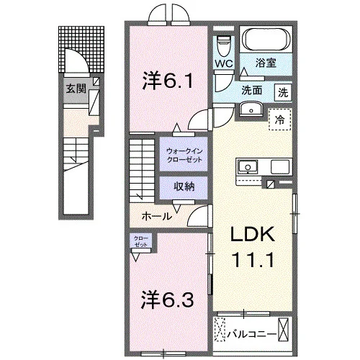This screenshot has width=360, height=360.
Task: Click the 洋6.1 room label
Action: tap(168, 81)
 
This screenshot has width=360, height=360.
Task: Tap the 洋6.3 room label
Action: tap(167, 300)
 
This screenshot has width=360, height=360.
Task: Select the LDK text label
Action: tap(253, 235)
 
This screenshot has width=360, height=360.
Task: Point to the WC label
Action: tap(224, 63)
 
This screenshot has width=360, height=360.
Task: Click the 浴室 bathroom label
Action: tap(266, 63)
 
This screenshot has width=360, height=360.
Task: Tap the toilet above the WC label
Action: tap(223, 47)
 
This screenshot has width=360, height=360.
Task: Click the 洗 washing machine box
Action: tap(283, 92)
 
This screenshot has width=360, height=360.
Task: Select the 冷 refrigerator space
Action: tap(280, 120)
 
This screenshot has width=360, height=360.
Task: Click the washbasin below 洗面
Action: tap(251, 109)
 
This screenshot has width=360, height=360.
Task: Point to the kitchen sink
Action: tap(248, 167)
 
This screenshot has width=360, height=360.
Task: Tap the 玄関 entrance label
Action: tap(76, 89)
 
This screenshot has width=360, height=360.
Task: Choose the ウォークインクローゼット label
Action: tap(184, 156)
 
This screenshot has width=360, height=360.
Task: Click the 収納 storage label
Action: tap(184, 186)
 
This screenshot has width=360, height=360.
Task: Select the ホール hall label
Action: tap(157, 216)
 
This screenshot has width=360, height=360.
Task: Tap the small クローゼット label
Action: tap(141, 241)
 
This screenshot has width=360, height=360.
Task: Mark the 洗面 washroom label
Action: tap(251, 91)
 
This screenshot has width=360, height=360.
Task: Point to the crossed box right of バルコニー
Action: tap(283, 329)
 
